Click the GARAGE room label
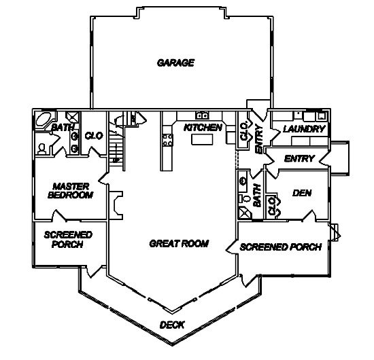point(175,63)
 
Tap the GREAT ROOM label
point(179,243)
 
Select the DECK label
point(172,325)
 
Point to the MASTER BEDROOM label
point(70,191)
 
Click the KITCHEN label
point(203,128)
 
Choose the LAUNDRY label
point(304,129)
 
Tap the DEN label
point(302,193)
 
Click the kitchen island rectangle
point(202,139)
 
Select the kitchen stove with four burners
point(168,140)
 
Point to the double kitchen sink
point(202,115)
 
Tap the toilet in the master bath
point(41,149)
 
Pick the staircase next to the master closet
point(116,145)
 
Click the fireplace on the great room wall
point(117,205)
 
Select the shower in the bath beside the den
point(245,213)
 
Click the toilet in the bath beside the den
point(245,198)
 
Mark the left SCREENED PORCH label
point(68,240)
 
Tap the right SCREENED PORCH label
point(280,247)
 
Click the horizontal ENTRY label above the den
point(299,158)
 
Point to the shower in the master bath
point(73,117)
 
